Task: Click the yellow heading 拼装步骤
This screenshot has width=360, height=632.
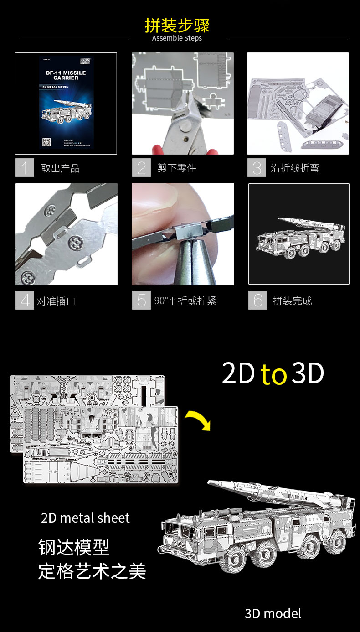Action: point(177,25)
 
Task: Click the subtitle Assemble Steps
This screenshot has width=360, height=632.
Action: point(177,38)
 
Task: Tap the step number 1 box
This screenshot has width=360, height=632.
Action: point(25,168)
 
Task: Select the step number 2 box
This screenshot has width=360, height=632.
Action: point(141,168)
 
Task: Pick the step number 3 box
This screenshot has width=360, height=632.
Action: point(257,168)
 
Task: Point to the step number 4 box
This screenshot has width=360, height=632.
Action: point(25,300)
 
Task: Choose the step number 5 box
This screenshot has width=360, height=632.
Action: point(141,300)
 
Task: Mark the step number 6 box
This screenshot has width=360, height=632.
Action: point(258,300)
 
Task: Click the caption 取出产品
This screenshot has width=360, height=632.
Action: point(60,168)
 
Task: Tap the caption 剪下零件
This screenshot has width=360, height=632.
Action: point(176,168)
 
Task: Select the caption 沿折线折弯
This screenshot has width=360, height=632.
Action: point(294,168)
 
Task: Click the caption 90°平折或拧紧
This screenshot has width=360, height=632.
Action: point(185,301)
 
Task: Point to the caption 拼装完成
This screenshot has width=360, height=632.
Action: point(292,301)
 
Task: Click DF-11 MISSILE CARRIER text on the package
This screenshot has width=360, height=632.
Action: point(66,75)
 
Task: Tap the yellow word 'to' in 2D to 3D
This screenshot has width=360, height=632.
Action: point(273,374)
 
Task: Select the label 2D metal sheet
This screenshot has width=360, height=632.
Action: point(85,518)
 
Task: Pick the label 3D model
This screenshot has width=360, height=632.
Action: point(273,614)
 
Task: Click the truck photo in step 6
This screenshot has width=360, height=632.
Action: point(298,234)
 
